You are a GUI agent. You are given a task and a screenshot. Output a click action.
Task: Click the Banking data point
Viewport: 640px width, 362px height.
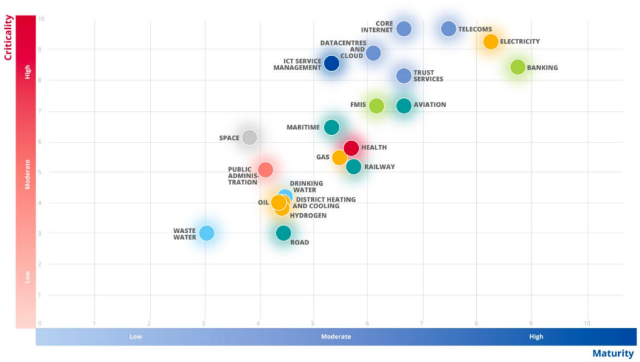point(517,67)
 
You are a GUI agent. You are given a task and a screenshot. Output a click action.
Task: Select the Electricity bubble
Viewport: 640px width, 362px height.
point(491,42)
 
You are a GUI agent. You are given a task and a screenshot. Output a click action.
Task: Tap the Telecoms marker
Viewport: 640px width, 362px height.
point(449,29)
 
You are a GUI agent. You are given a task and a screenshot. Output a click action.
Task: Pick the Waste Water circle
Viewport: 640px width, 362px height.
point(206,233)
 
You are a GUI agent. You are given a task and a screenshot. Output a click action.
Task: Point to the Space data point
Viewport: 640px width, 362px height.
point(249,138)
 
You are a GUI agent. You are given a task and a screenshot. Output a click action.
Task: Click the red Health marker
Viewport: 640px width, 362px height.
point(351,148)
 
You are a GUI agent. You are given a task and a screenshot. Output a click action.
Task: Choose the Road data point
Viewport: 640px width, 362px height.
point(284,233)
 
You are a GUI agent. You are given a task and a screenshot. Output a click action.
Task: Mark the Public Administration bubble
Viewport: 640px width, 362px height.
point(266,169)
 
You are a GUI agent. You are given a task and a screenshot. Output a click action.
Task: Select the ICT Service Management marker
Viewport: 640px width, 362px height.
point(332,63)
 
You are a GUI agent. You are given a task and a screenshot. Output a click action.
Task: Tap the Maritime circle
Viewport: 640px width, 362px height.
point(332,128)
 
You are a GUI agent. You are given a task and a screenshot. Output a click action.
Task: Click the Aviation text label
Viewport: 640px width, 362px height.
point(430,105)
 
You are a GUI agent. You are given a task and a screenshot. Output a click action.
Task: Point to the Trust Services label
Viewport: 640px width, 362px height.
point(428,76)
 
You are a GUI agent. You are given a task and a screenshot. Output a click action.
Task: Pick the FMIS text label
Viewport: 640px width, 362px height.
point(358,105)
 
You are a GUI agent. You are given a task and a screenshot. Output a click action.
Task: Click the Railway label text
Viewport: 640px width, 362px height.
point(379,167)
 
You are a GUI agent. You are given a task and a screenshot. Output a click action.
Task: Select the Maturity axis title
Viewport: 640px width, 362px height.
point(612,354)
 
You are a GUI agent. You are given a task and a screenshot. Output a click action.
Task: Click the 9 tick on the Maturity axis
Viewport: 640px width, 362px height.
point(531,323)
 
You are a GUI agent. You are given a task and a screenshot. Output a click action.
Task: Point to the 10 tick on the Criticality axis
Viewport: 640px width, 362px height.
point(41,19)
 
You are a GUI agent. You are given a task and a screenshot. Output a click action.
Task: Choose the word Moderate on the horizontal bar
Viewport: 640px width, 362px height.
point(336,336)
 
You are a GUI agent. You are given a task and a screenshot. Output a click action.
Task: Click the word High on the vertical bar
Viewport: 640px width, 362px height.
point(27,72)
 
